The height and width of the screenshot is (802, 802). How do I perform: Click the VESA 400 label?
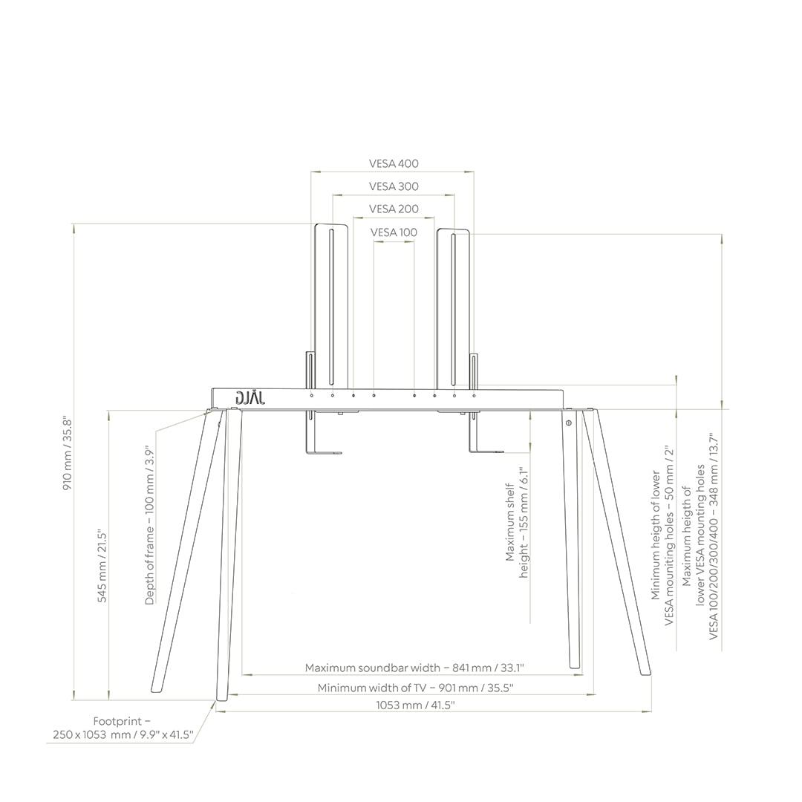coord(394,163)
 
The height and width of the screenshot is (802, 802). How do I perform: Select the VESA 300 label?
coord(394,186)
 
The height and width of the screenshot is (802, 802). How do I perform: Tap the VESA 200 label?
coord(394,209)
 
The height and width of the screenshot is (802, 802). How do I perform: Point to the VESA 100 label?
coord(394,232)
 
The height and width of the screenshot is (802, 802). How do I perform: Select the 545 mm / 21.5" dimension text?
coord(103,566)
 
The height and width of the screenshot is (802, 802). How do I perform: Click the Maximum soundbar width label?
coord(420,668)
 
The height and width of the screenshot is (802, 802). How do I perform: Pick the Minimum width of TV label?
coord(415,688)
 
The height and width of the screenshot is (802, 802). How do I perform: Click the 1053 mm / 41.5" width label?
coord(415,705)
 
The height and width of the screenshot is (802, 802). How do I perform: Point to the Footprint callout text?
coord(123,728)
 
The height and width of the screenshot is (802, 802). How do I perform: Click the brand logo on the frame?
coord(250,398)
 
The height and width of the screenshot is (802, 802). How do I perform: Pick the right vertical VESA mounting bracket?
coord(453,308)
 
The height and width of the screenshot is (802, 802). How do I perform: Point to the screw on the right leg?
coord(568,423)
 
